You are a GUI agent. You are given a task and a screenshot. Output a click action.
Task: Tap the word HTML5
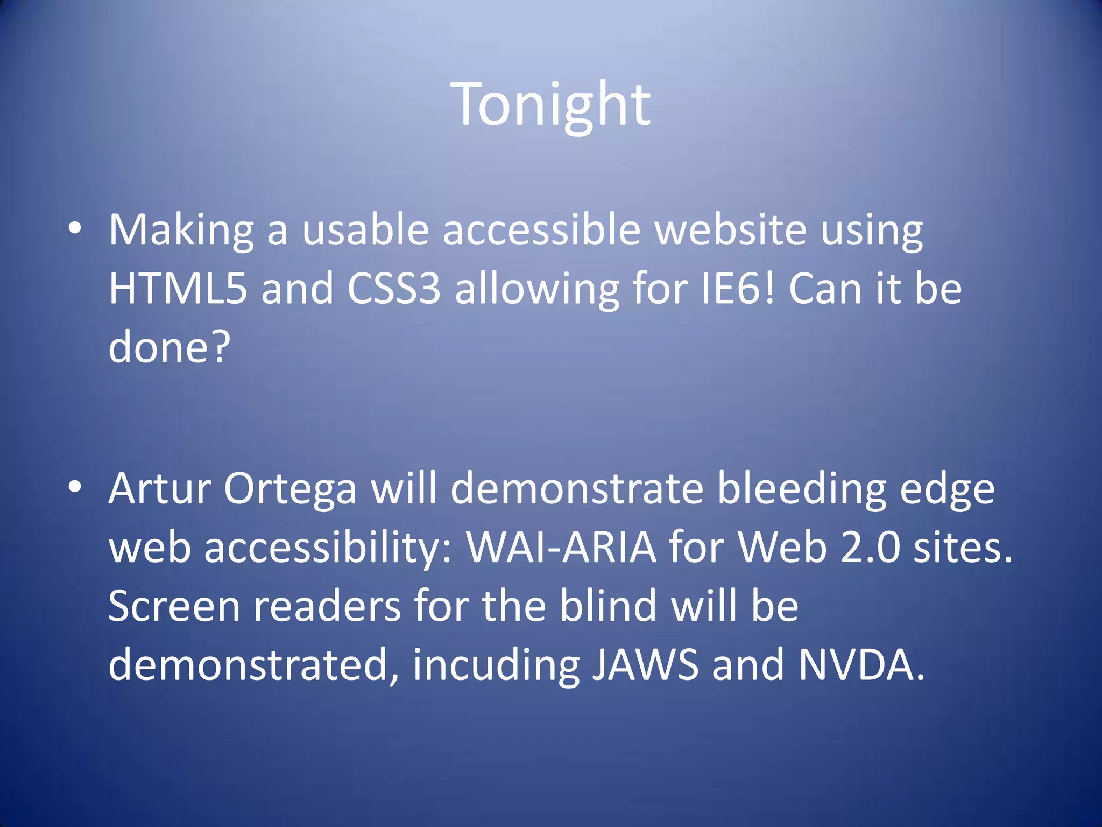[x=178, y=289]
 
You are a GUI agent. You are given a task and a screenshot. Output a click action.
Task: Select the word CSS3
[x=394, y=289]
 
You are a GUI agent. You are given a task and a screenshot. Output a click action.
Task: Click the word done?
[x=169, y=347]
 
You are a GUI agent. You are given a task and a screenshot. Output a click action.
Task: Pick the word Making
[x=181, y=230]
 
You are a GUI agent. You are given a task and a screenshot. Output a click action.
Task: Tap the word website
[x=731, y=230]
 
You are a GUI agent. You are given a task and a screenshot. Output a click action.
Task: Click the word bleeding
[x=802, y=489]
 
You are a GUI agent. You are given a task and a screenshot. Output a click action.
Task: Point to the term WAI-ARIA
[x=561, y=548]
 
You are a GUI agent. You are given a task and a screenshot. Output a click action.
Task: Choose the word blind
[x=608, y=606]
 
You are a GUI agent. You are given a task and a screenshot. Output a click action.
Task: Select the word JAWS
[x=645, y=665]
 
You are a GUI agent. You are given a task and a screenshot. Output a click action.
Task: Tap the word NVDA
[x=861, y=665]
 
